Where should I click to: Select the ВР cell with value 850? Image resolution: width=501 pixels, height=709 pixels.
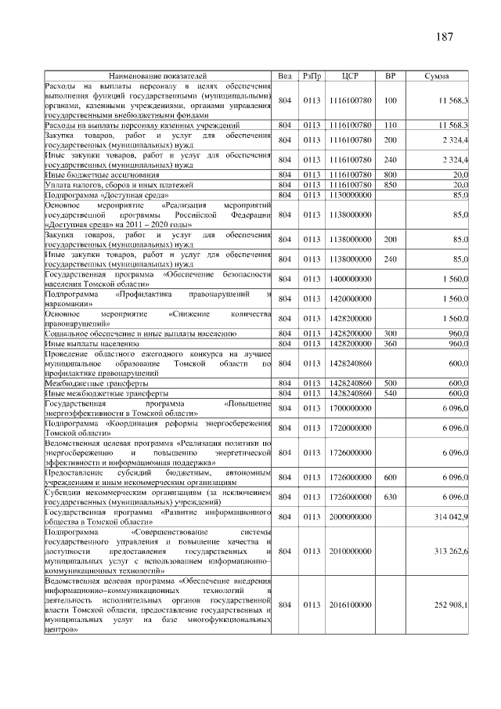coord(391,184)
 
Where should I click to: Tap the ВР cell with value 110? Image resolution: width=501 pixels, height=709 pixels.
coord(391,125)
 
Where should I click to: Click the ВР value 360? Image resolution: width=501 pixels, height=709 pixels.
coord(391,343)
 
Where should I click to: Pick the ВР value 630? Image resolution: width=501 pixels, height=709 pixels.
coord(391,497)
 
